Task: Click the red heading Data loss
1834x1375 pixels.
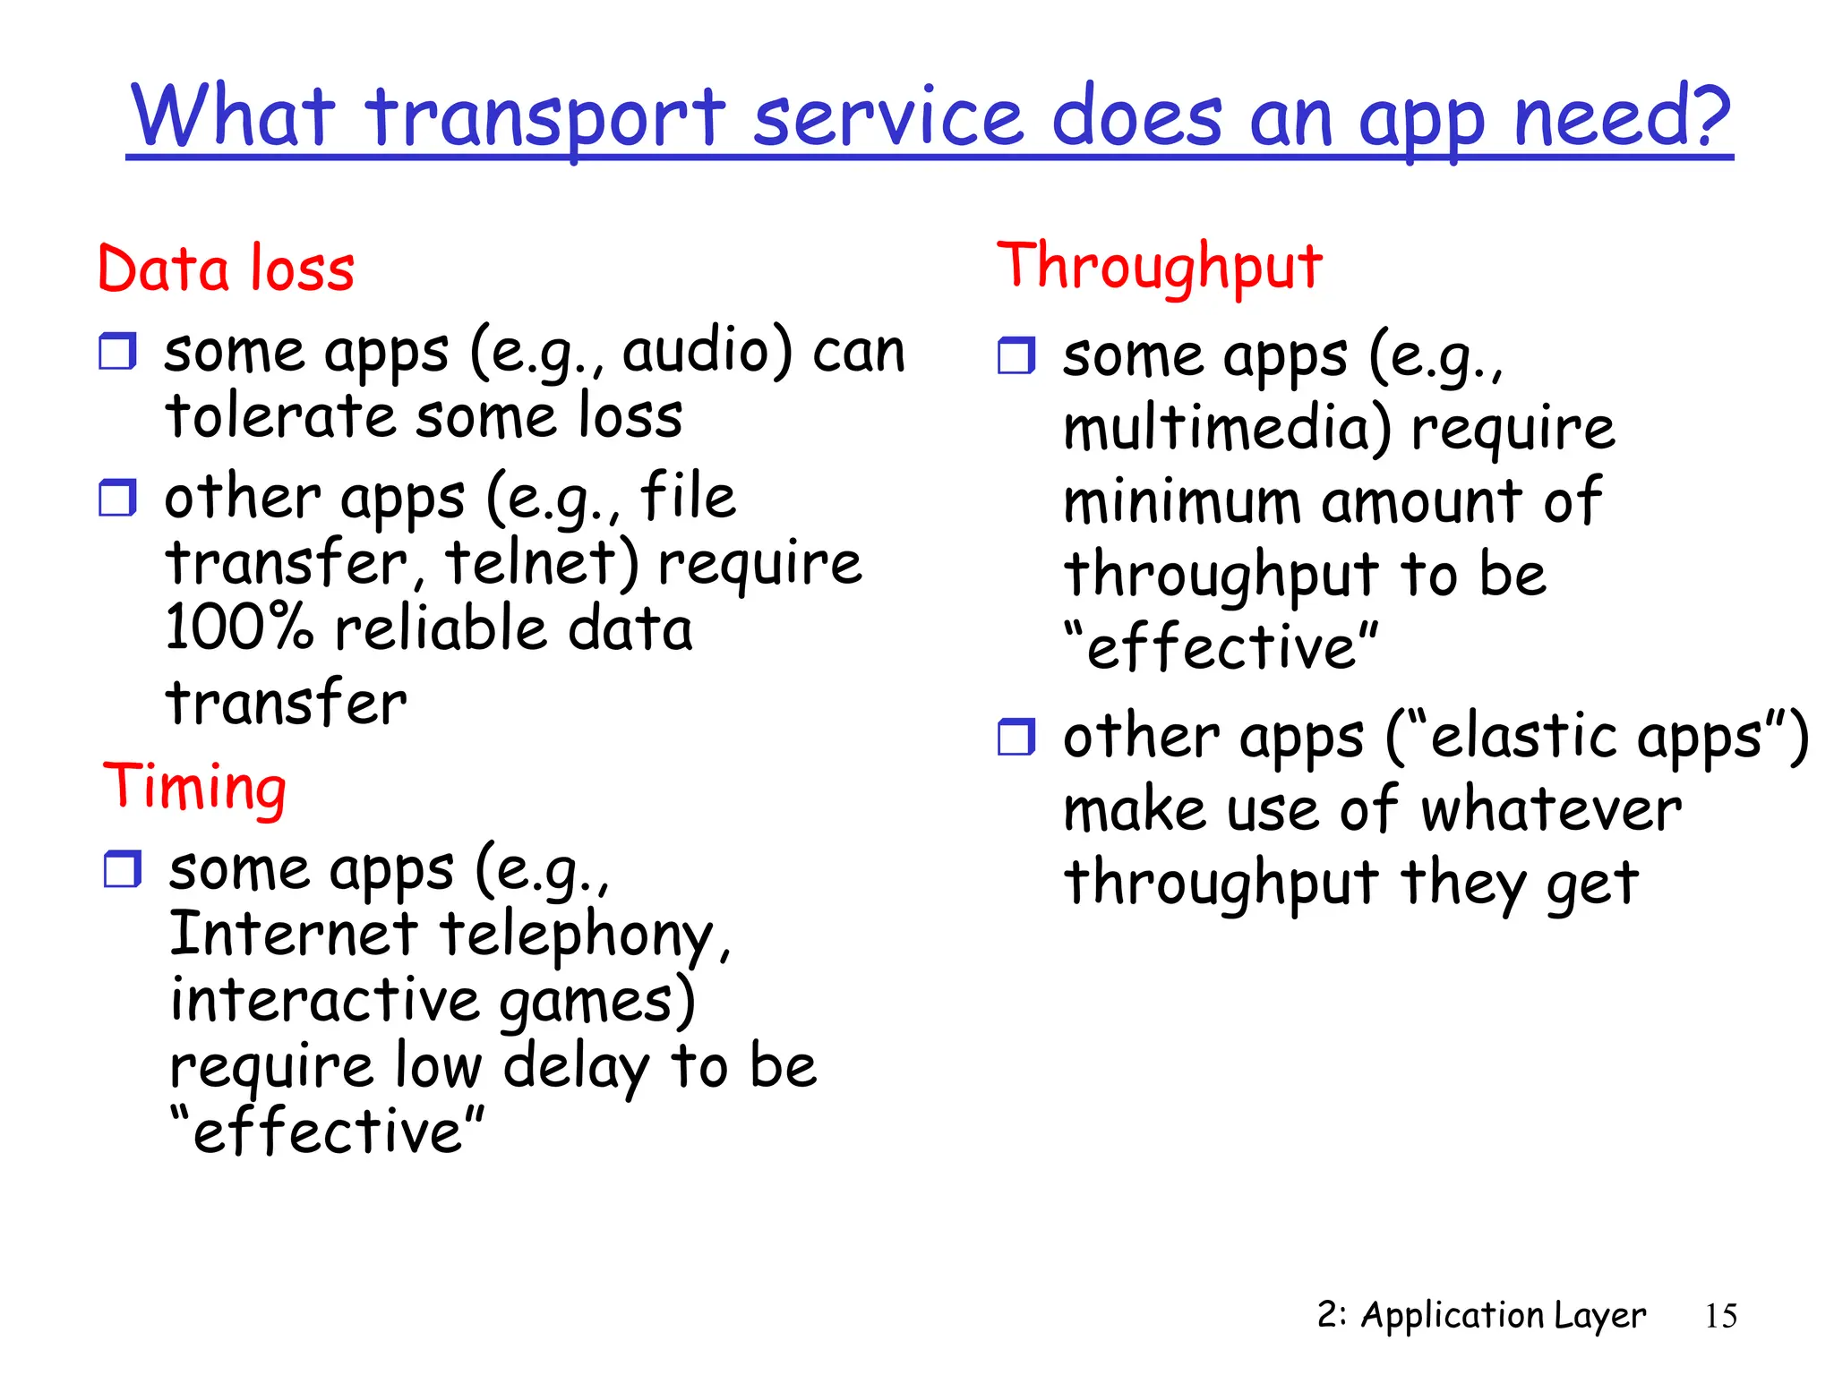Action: [226, 269]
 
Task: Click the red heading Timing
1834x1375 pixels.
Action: [194, 787]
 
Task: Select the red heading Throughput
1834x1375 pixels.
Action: [1160, 267]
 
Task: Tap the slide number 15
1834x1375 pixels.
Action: [1720, 1316]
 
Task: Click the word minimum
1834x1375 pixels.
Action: [1181, 501]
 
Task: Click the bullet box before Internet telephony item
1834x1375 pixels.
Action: [122, 869]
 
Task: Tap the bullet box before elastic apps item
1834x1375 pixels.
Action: [1016, 737]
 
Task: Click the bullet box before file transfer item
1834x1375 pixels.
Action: [117, 498]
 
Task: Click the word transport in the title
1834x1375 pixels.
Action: [545, 118]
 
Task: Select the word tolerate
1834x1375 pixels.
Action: [279, 416]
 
